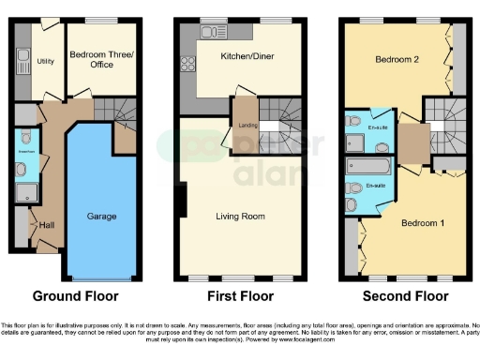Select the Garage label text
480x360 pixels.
pos(102,217)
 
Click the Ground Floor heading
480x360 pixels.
pos(76,296)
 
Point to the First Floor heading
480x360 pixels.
pos(242,296)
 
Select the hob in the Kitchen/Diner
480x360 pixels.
pos(187,66)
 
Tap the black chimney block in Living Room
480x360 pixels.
pos(186,199)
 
